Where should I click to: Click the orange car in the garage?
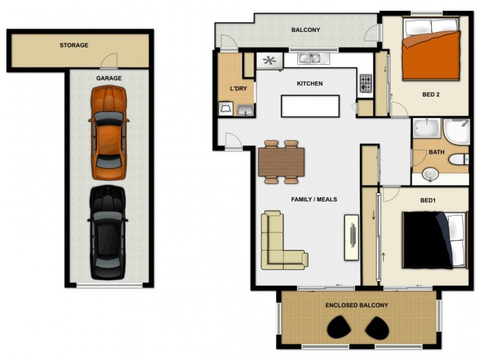pos(108,132)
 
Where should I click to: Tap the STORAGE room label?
pos(74,45)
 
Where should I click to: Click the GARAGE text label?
pos(109,78)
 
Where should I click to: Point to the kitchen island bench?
pos(310,106)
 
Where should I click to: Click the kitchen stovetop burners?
pos(366,83)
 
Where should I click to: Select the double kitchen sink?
pos(310,59)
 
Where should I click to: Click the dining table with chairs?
pos(281,162)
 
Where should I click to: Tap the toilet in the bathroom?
pos(459,160)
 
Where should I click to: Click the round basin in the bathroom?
pos(430,174)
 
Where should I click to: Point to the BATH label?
pos(436,152)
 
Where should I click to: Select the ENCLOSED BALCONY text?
pos(356,305)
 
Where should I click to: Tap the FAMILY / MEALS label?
pos(314,199)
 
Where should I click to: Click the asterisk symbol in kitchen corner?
pos(269,60)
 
